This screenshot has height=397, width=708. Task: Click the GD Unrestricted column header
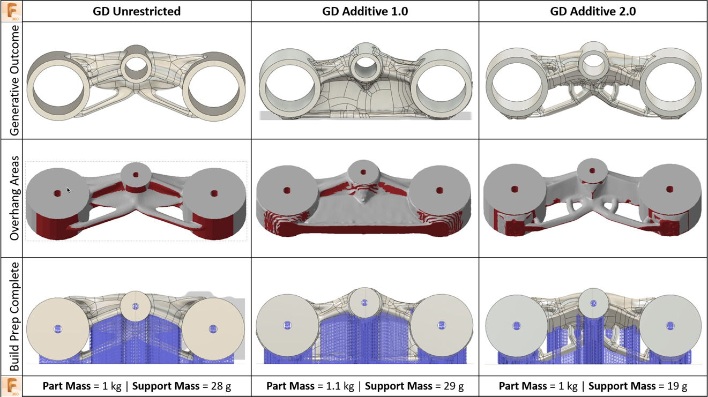137,11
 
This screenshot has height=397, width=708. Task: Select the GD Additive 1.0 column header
365,11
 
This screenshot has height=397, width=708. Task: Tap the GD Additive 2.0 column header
593,11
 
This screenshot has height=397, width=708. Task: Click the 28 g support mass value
220,386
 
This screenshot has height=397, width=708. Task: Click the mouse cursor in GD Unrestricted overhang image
69,190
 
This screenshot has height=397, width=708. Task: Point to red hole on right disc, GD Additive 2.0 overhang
669,189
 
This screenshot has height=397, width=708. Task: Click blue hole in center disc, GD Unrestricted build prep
136,306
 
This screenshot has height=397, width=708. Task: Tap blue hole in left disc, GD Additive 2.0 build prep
517,325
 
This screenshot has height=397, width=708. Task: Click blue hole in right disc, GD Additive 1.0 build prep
441,325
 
